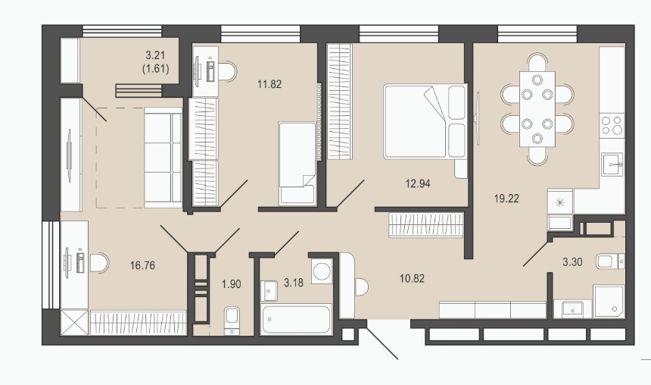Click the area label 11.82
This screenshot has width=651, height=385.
tap(269, 84)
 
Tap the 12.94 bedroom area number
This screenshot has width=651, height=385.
tap(418, 183)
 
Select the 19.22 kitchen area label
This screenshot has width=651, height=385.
tap(506, 199)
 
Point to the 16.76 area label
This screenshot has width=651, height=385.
tap(142, 265)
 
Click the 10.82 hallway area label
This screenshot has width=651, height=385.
tap(412, 279)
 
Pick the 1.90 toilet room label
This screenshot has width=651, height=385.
tap(231, 284)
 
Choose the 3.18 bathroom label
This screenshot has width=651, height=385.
tap(294, 283)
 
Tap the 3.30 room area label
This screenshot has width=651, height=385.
tap(572, 262)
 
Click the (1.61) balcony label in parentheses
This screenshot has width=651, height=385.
tap(156, 69)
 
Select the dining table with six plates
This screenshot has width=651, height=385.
tap(537, 109)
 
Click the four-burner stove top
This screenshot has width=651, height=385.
tap(612, 125)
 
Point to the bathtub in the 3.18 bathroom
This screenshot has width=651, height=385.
tap(296, 319)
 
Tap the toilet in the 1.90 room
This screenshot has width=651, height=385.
tap(232, 320)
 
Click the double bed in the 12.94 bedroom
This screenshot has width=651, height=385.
tap(425, 121)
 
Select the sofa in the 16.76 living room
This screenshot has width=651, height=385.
tap(163, 157)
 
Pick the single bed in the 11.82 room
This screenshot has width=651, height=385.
tap(297, 163)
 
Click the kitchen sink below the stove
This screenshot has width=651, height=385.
tap(612, 164)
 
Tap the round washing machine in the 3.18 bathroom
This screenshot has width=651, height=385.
tap(322, 272)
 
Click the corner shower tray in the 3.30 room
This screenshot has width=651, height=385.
tap(609, 302)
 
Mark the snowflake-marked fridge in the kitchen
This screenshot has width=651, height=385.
tap(560, 202)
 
